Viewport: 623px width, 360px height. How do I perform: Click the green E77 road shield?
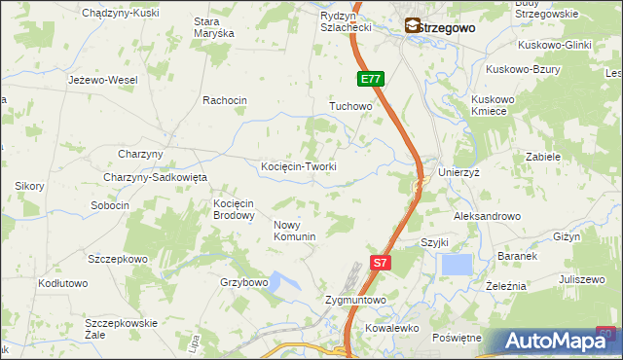tap(370, 79)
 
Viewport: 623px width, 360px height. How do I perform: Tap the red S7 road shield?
tap(382, 262)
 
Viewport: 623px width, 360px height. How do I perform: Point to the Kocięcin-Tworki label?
tap(299, 166)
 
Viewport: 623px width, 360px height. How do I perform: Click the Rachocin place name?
tap(225, 100)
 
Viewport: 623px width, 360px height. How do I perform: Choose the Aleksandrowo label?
tap(488, 216)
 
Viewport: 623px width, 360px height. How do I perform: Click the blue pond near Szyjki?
tap(456, 264)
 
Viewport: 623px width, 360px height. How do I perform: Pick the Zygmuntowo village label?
tap(356, 301)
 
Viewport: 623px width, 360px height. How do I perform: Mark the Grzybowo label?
tap(243, 282)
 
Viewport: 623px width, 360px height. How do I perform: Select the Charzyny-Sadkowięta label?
tap(156, 177)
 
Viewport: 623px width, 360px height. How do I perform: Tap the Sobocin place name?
tap(110, 205)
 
